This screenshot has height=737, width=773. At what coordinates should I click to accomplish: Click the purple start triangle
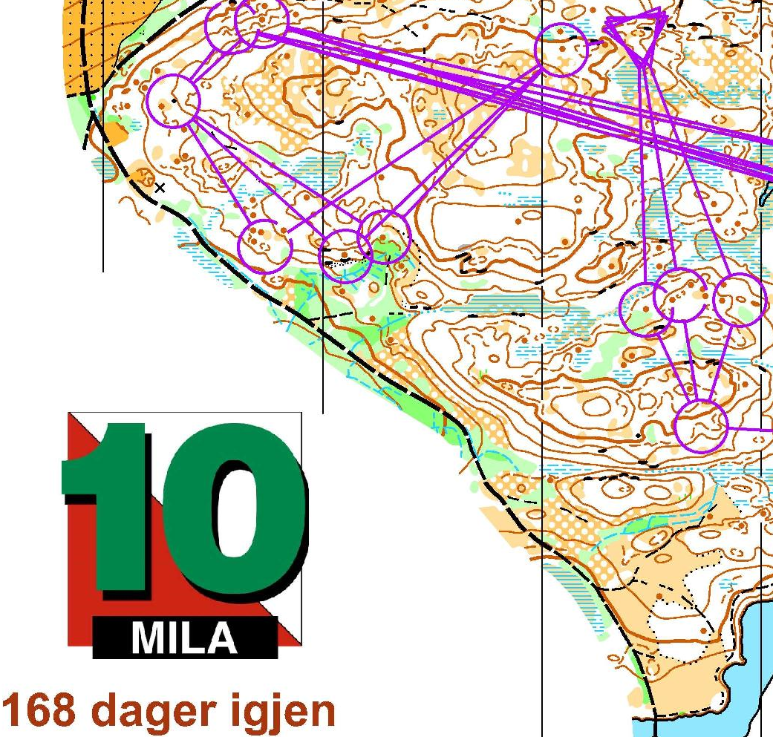637,33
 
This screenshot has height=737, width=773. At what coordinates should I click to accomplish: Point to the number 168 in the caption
41,710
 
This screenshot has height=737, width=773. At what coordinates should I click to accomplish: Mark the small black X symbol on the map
159,189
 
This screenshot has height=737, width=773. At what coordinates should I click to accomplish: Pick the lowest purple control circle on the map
701,426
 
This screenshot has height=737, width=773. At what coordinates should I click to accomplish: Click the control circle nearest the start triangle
561,50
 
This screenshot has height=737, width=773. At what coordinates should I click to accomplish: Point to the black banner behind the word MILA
185,638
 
